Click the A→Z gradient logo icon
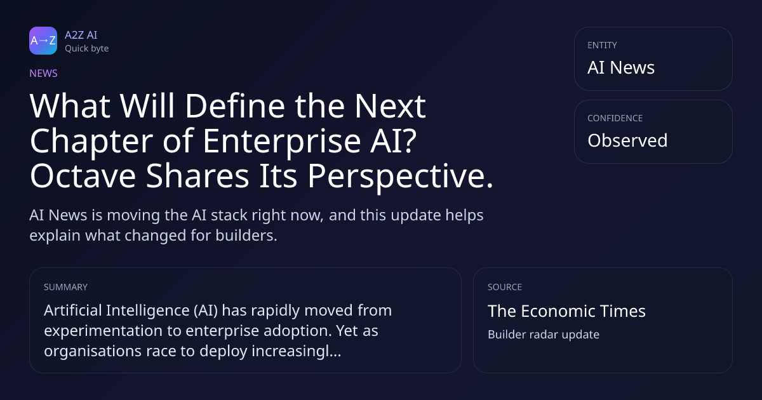[43, 41]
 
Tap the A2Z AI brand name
[81, 35]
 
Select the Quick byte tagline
[87, 49]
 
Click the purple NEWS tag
[44, 74]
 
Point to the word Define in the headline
[235, 106]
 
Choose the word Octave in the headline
[83, 176]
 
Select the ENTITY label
[602, 45]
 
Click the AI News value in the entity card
[621, 67]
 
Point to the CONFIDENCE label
[615, 118]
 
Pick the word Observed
[627, 140]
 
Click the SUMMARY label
[65, 287]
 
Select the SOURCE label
[504, 287]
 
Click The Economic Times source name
[566, 311]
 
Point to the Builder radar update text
[544, 335]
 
